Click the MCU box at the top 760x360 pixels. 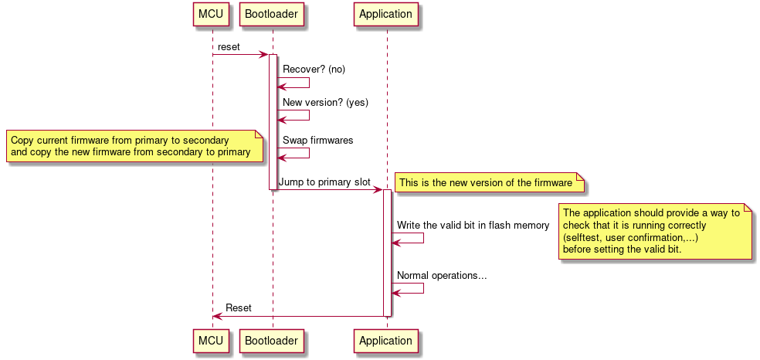click(x=212, y=15)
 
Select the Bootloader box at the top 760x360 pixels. click(x=273, y=15)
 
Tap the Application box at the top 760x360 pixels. click(x=386, y=15)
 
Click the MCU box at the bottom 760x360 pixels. click(x=212, y=341)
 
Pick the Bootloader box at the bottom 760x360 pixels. click(x=273, y=341)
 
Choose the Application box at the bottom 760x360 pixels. click(x=386, y=341)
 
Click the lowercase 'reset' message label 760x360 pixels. click(x=229, y=47)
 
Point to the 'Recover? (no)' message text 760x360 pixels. click(x=314, y=70)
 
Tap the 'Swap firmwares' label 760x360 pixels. click(x=317, y=141)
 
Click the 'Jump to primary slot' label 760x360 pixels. click(x=324, y=182)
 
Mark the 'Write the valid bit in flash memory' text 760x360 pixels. click(x=473, y=226)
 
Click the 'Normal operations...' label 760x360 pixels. click(x=442, y=275)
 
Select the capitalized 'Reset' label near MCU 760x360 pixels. click(x=238, y=307)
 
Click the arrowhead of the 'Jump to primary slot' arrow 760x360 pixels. click(x=378, y=190)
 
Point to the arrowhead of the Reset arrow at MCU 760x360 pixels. click(x=217, y=316)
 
